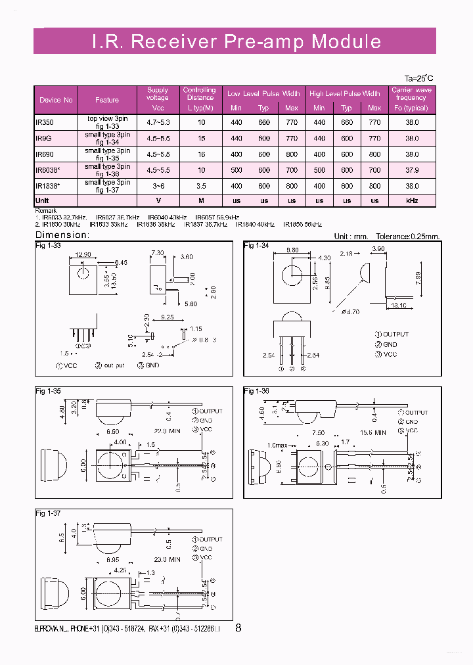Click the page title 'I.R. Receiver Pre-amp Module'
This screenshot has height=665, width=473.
coord(236,41)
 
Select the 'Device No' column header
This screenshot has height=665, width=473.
coord(56,100)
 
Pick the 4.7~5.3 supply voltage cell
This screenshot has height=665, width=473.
coord(158,122)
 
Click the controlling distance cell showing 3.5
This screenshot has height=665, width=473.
coord(201,186)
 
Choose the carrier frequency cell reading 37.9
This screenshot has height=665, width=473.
coord(411,170)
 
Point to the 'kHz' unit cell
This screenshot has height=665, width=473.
coord(411,200)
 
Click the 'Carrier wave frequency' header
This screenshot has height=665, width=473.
coord(411,98)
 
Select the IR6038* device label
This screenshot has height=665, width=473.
coord(48,170)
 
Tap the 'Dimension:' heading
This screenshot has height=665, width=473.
coord(61,235)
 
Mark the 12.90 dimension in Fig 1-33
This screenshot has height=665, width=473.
coord(83,254)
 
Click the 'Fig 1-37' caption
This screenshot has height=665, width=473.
coord(47,513)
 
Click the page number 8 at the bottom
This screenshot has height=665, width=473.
coord(238,628)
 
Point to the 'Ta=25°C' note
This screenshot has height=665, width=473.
coord(418,78)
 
